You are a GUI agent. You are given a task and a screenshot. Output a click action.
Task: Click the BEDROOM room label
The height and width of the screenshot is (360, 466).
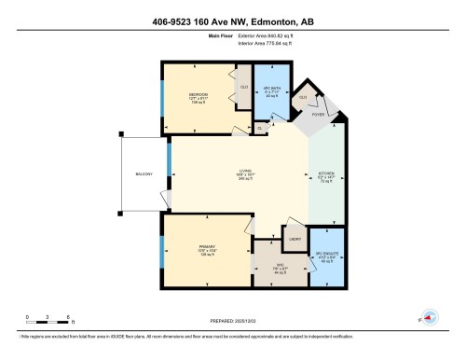point(199,95)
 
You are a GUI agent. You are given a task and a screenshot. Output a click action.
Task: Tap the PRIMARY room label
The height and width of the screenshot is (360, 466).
point(208,247)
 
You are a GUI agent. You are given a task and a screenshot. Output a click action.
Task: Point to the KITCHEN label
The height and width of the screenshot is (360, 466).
point(328,173)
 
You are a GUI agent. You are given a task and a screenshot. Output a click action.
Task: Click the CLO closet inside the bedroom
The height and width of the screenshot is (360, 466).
point(243,86)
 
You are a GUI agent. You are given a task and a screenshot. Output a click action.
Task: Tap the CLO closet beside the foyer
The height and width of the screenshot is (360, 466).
point(304,95)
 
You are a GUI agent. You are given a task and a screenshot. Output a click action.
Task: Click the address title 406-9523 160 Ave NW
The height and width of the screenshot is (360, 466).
point(233,22)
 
